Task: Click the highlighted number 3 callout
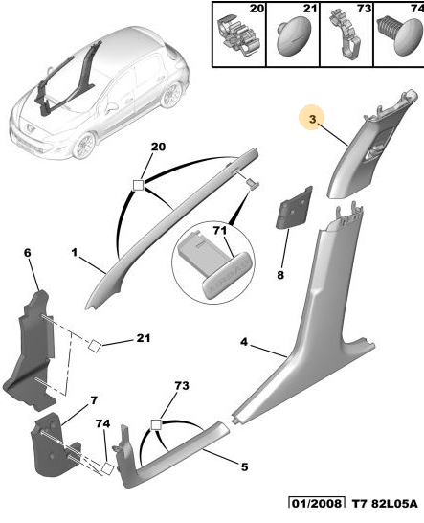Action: [312, 119]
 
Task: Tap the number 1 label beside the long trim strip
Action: [74, 252]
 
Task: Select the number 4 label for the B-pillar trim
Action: [244, 342]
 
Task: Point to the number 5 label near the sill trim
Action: [244, 466]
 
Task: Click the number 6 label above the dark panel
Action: [28, 253]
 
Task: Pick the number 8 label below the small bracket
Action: [280, 275]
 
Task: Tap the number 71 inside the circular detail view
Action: [220, 230]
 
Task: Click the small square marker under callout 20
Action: [138, 185]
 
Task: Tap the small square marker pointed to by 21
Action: [95, 346]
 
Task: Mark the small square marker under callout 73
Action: [156, 425]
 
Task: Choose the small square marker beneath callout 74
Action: [107, 468]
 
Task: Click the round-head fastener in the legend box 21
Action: [294, 37]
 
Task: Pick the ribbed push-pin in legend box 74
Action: [400, 35]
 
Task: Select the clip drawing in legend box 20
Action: [237, 36]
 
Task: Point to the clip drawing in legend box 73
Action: [346, 34]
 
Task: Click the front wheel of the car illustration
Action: [83, 146]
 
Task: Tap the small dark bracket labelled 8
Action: [294, 208]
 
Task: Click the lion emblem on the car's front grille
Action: [30, 127]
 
